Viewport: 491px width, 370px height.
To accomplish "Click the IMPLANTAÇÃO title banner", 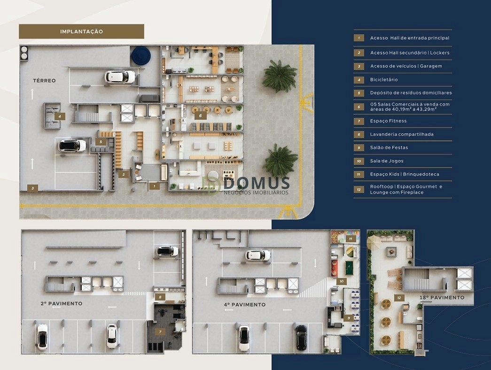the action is point(81,31).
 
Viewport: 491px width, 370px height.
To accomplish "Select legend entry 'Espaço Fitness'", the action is point(388,121).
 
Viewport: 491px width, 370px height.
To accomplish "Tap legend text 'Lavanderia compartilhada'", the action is point(402,134).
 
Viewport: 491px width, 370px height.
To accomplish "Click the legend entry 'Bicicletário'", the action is point(384,79).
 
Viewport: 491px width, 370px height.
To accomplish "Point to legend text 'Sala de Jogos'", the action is point(387,161).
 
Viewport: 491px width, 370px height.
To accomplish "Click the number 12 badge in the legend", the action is point(359,189).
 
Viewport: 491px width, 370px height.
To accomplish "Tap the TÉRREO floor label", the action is point(45,80).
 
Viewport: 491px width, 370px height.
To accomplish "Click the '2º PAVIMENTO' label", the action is point(62,303).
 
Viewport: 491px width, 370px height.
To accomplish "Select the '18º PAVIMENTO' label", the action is point(442,297).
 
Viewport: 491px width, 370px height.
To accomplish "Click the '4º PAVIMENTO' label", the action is point(245,304).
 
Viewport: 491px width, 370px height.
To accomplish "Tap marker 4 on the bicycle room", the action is point(60,117).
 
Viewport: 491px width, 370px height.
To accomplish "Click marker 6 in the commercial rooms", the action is point(201,116).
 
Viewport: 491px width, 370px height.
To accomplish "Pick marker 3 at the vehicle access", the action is point(32,188).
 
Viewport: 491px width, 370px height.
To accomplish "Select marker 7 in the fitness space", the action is point(160,332).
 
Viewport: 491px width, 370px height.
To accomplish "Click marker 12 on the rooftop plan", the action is point(399,298).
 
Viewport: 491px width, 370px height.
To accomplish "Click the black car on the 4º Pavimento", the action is point(301,338).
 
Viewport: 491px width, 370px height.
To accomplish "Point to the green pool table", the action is point(349,268).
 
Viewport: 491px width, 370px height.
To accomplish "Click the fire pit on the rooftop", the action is point(390,251).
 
